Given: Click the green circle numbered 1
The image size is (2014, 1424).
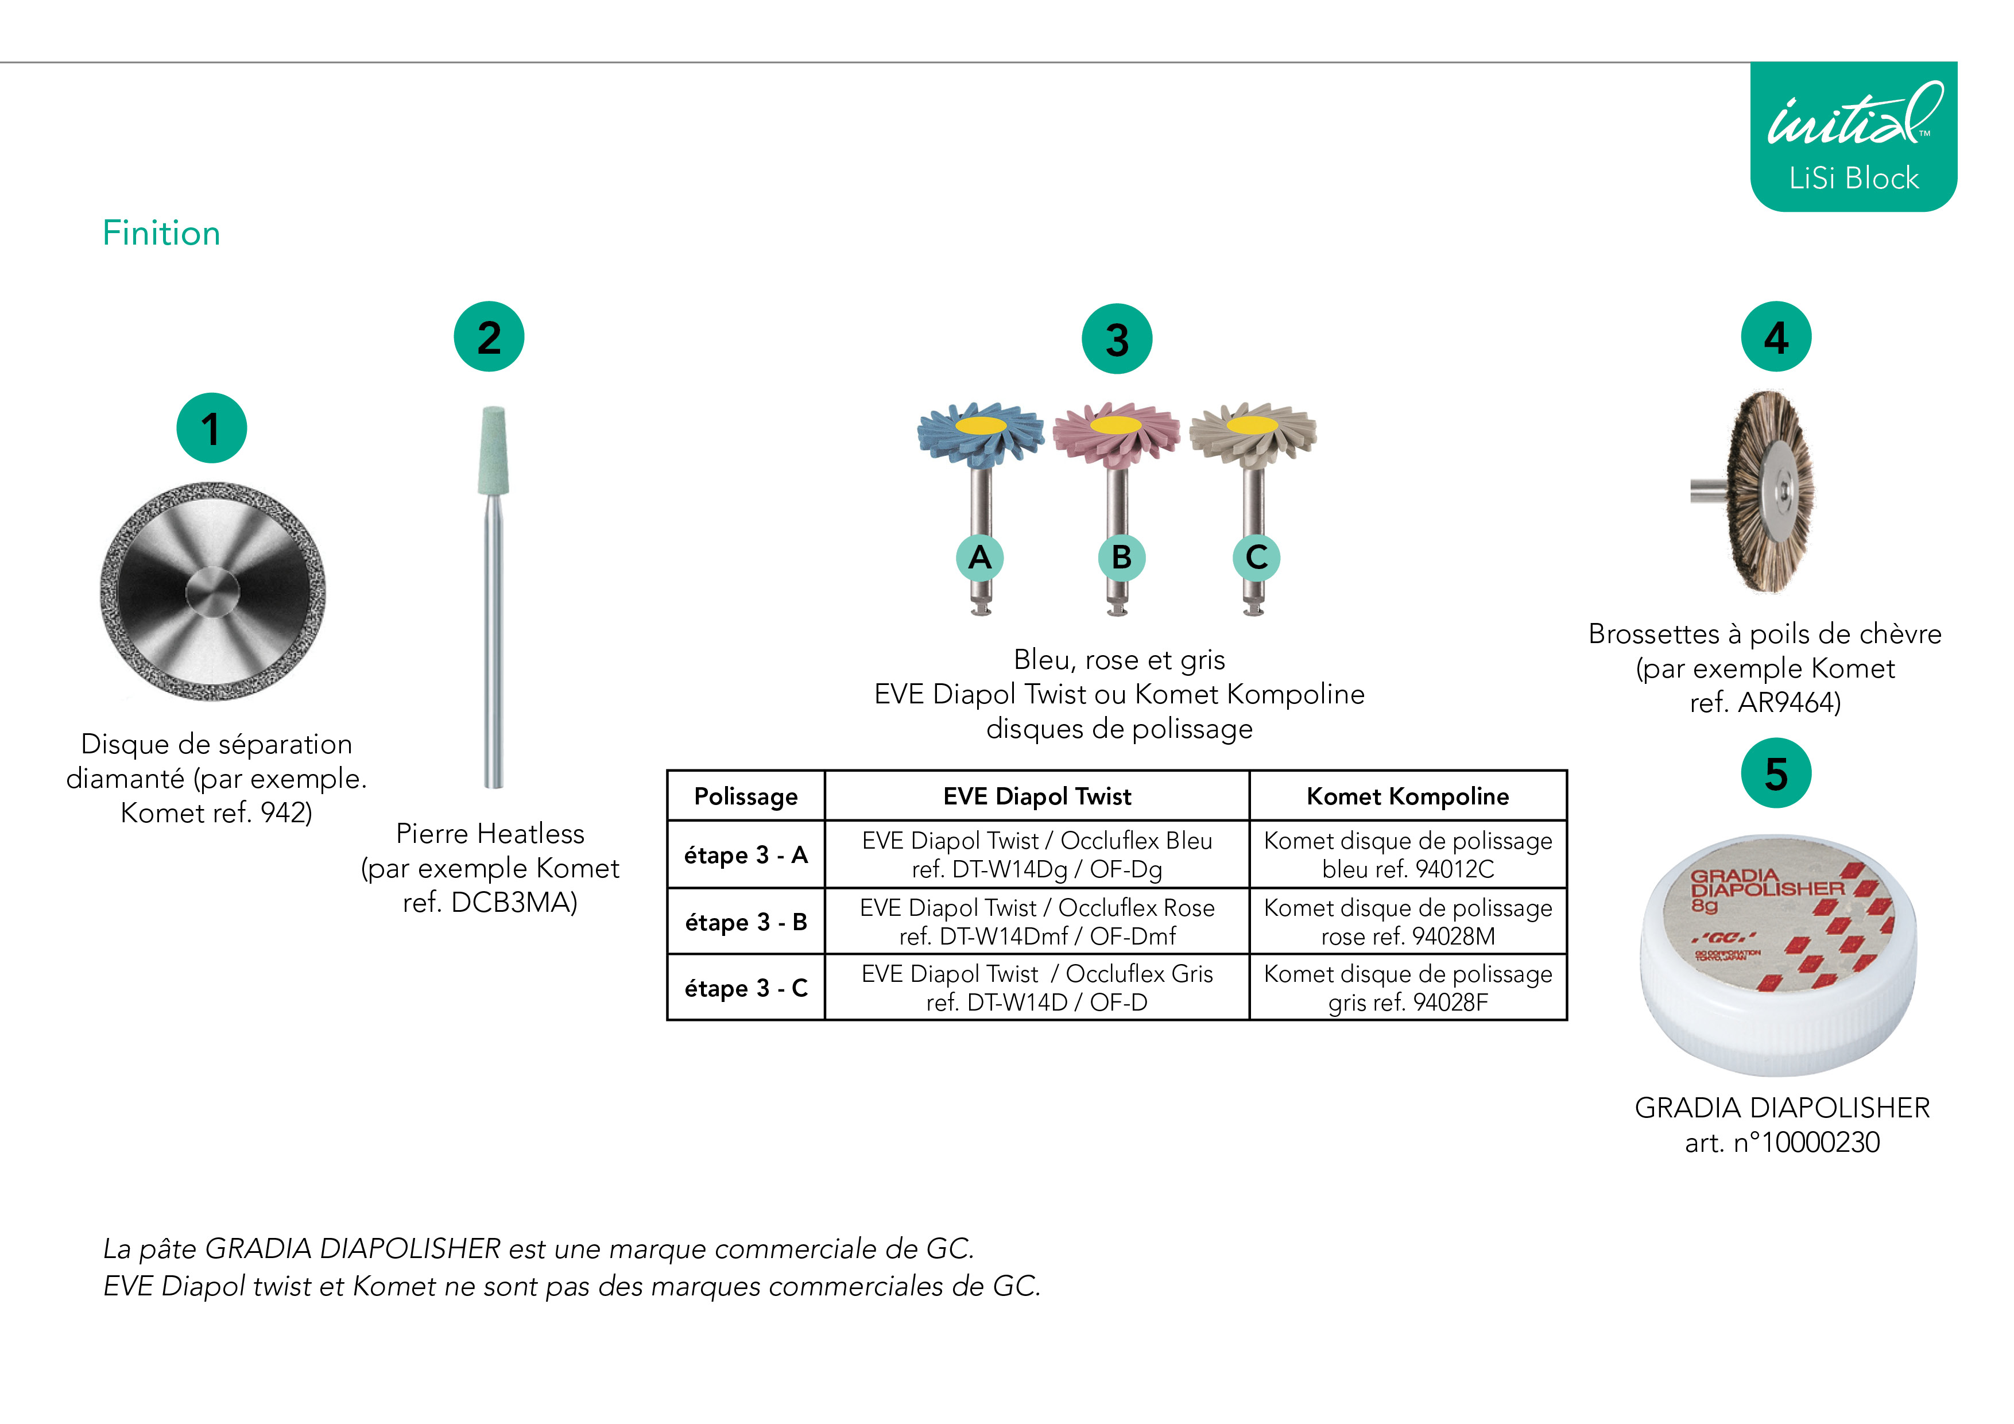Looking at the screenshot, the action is tap(211, 428).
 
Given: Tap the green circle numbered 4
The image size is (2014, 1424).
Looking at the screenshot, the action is tap(1776, 337).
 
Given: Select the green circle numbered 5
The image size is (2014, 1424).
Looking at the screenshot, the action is tap(1776, 773).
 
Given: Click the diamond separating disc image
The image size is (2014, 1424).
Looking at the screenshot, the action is tap(213, 591).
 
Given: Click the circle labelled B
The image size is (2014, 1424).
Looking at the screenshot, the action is tap(1121, 557).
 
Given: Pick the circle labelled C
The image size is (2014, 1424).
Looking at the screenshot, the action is tap(1256, 557).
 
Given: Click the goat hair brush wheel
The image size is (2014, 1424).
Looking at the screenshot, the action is tap(1770, 492).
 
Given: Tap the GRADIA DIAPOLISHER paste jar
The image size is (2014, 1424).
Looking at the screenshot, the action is tap(1779, 955).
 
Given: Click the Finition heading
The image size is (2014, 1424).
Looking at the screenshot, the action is tap(161, 233).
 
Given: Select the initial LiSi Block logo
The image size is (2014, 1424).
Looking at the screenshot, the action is tap(1853, 137).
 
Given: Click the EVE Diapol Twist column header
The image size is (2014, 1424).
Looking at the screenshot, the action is tap(1037, 796).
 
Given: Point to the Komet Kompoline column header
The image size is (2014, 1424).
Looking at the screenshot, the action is tap(1408, 796).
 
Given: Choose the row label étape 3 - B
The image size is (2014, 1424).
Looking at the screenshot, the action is tap(746, 922).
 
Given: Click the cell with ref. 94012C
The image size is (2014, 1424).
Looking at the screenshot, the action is tap(1408, 854).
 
